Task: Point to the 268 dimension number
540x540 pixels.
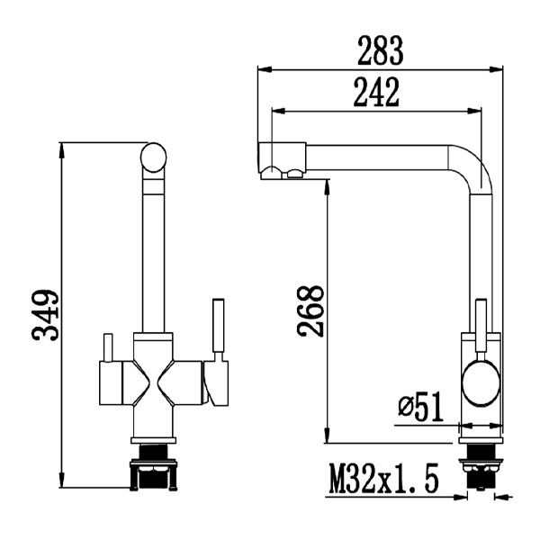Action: pyautogui.click(x=310, y=311)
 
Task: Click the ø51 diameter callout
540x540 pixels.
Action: pyautogui.click(x=420, y=408)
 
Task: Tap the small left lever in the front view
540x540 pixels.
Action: pyautogui.click(x=106, y=347)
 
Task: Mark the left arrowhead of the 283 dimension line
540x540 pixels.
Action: pyautogui.click(x=263, y=68)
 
